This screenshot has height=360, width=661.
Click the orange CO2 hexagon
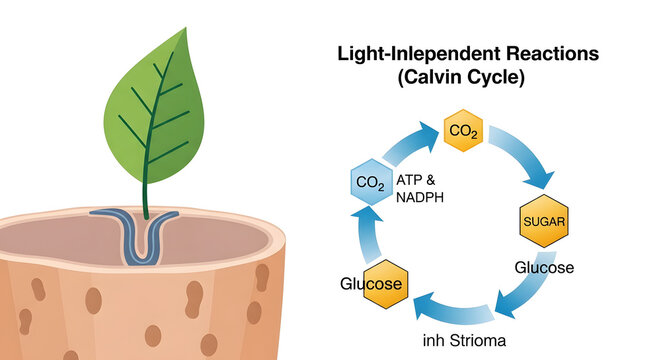pyautogui.click(x=463, y=131)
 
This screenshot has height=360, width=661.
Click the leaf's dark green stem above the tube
pyautogui.click(x=143, y=195)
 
